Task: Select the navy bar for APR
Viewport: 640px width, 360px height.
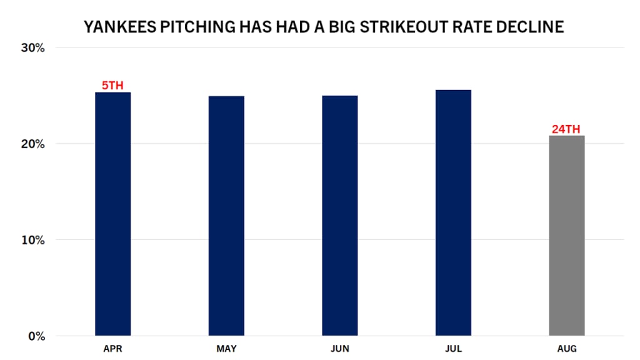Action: [x=112, y=214]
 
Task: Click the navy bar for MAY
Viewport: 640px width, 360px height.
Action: [x=226, y=216]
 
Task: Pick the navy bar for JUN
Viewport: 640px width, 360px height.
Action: [x=340, y=216]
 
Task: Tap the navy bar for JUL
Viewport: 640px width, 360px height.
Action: [x=453, y=212]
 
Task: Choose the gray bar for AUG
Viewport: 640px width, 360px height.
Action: [x=567, y=236]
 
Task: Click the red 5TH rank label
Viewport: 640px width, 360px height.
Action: [x=112, y=86]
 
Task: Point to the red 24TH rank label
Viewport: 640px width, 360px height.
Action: [x=566, y=129]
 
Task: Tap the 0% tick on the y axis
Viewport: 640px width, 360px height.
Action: [x=36, y=336]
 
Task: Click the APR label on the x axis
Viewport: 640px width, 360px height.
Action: [x=112, y=349]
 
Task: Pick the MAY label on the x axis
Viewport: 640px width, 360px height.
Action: [x=226, y=349]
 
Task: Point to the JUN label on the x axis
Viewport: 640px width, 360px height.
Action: [x=340, y=349]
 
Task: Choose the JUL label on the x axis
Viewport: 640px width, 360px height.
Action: [x=453, y=349]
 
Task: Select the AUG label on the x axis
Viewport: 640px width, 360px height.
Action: [x=567, y=349]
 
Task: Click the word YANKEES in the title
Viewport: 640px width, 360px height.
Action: [x=116, y=27]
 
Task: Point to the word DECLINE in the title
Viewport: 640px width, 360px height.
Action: [x=532, y=27]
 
